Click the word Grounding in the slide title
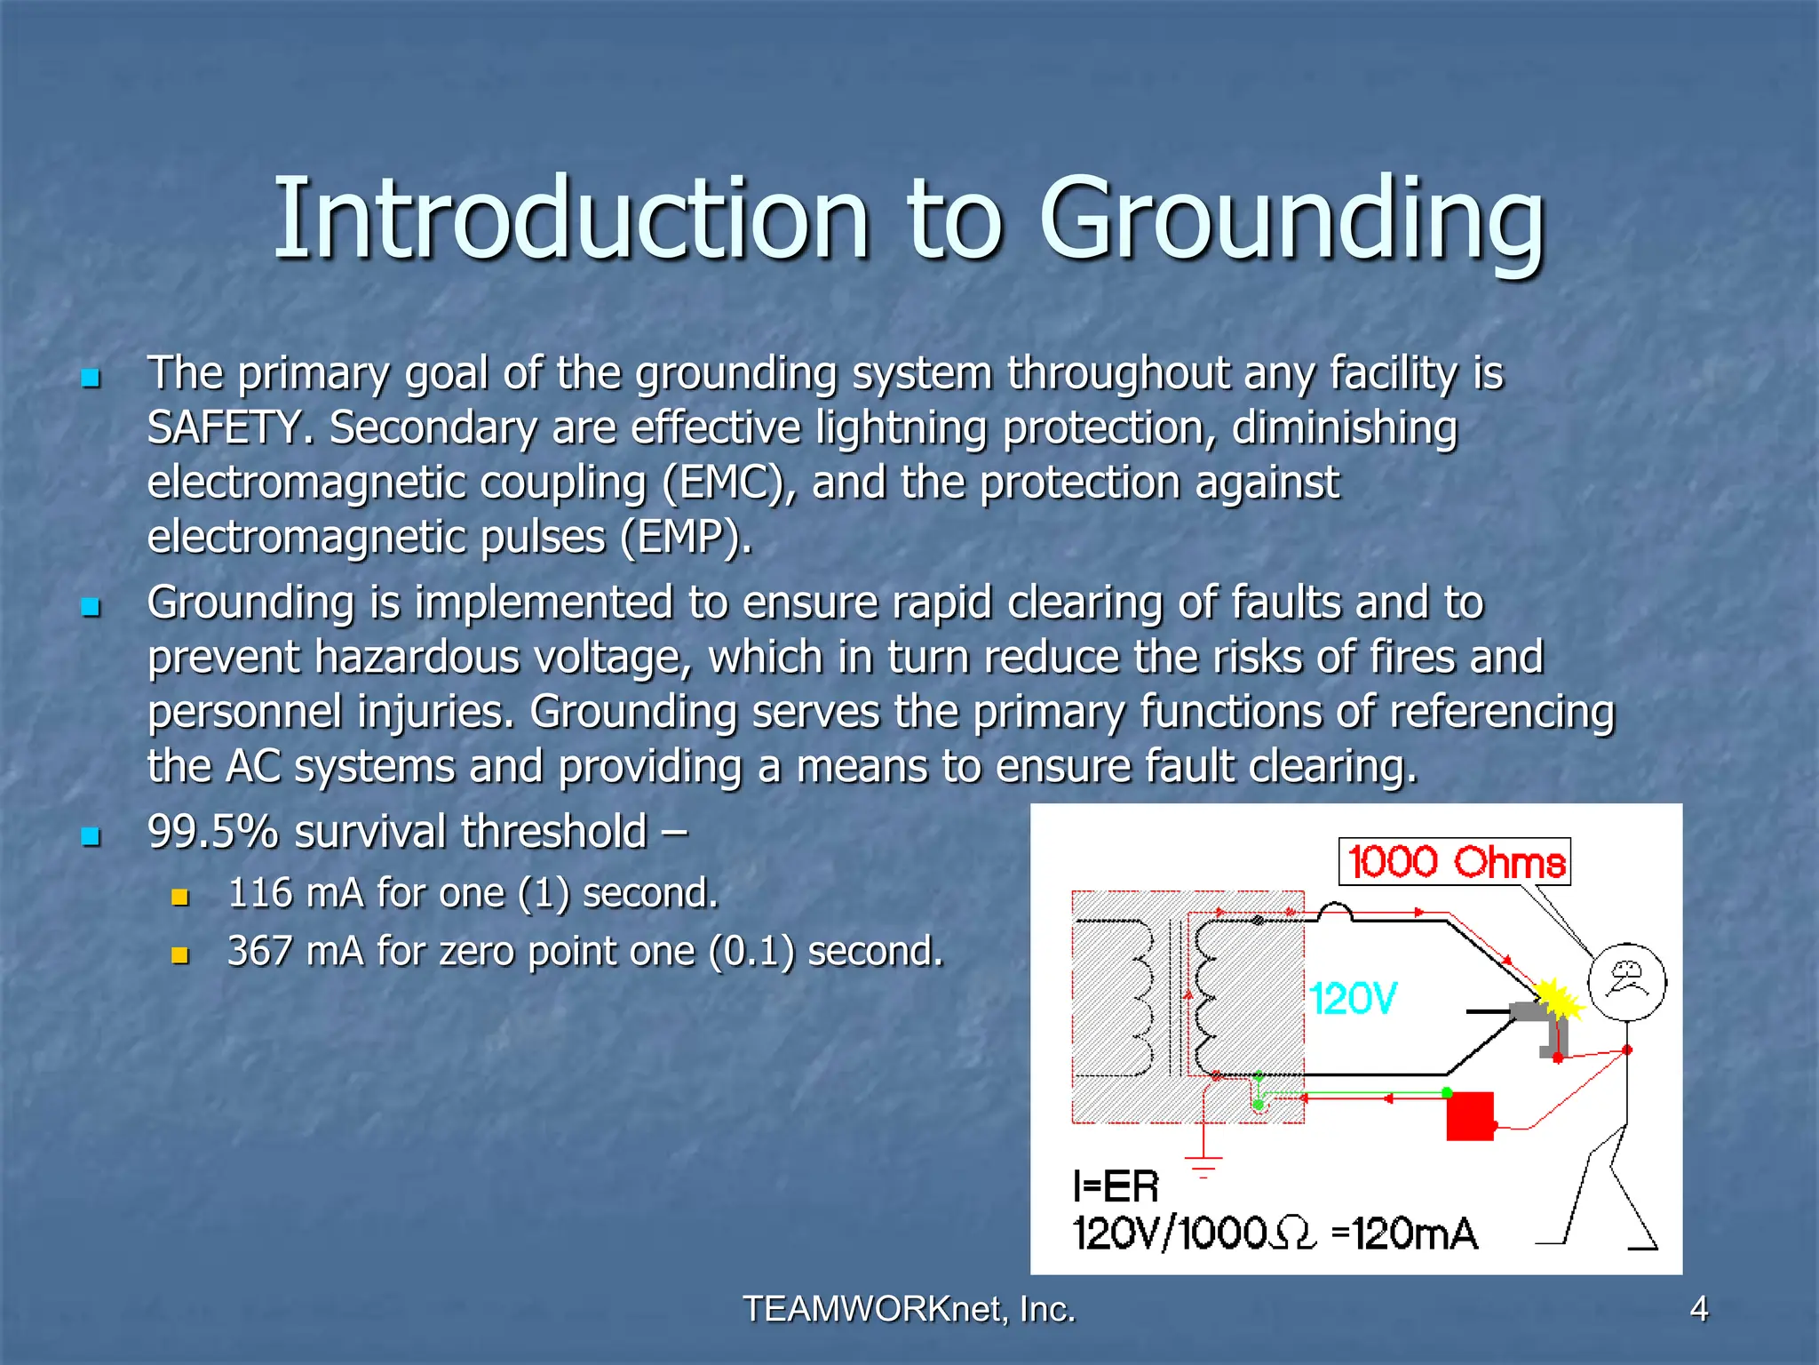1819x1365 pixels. (x=1292, y=220)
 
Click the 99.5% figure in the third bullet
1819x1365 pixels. (x=213, y=833)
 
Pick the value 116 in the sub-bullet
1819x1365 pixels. (x=259, y=893)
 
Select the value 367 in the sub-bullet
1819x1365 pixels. (x=259, y=952)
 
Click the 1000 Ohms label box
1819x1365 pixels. (x=1454, y=862)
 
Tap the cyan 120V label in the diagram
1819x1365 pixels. (x=1353, y=999)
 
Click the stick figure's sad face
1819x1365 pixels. (x=1626, y=981)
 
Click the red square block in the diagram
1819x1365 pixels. (x=1470, y=1116)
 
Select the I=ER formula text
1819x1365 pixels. (x=1116, y=1187)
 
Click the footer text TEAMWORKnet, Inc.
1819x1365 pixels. (x=909, y=1309)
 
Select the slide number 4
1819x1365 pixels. (x=1698, y=1309)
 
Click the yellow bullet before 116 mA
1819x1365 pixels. (x=180, y=898)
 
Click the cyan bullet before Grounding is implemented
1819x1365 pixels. (x=91, y=608)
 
